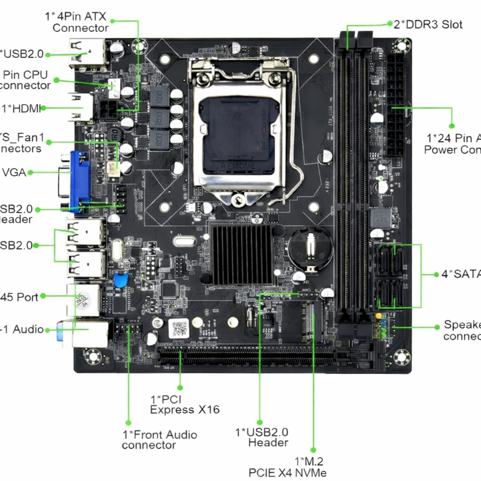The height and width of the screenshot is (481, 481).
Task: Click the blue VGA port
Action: pyautogui.click(x=80, y=181)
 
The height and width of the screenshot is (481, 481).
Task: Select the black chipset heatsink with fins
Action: pyautogui.click(x=241, y=254)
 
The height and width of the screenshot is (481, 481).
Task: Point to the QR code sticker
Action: pyautogui.click(x=178, y=328)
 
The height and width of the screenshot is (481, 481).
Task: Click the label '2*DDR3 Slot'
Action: pyautogui.click(x=428, y=24)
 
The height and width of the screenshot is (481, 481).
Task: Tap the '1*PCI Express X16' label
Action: pyautogui.click(x=185, y=404)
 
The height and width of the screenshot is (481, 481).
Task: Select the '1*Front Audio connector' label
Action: pyautogui.click(x=159, y=440)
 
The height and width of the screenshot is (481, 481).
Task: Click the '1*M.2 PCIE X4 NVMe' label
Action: pyautogui.click(x=287, y=467)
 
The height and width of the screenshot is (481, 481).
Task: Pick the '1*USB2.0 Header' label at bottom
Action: pyautogui.click(x=262, y=437)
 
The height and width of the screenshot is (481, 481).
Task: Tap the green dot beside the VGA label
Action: pyautogui.click(x=30, y=172)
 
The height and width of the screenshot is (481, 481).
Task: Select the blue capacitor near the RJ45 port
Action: pyautogui.click(x=121, y=280)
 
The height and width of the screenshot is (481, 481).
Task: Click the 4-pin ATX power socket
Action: pyautogui.click(x=109, y=110)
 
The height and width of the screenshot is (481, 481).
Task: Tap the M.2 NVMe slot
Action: pyautogui.click(x=312, y=324)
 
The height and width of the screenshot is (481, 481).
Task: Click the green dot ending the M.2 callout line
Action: pyautogui.click(x=313, y=450)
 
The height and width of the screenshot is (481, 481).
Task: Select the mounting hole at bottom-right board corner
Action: pyautogui.click(x=402, y=357)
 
